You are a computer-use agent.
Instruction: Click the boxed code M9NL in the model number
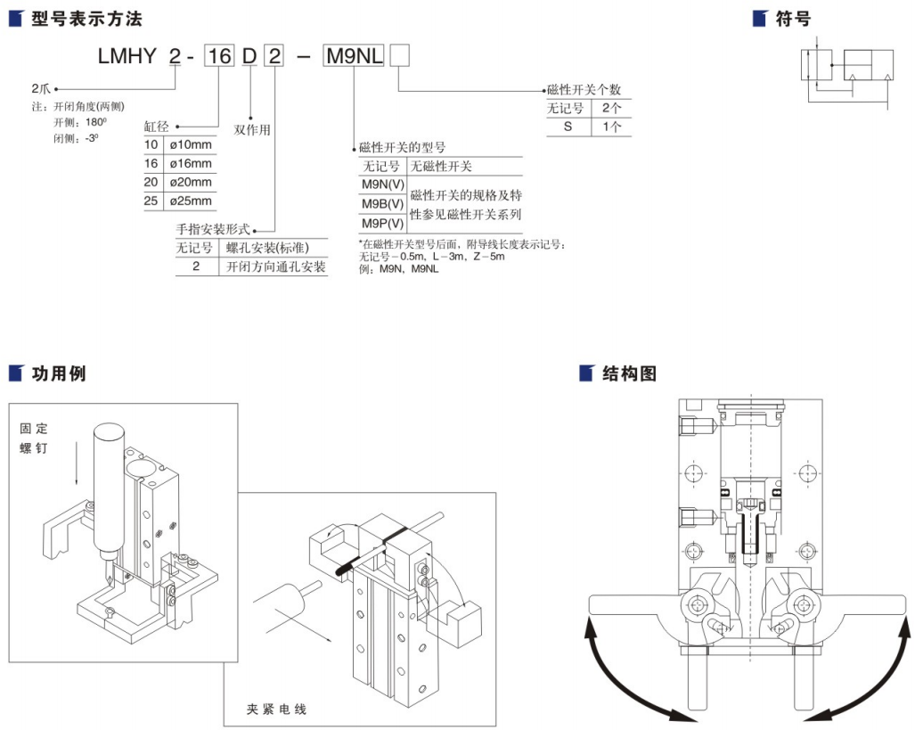(x=354, y=56)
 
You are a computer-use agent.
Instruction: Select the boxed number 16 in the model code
(x=219, y=56)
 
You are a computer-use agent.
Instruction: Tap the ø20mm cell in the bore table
(x=190, y=182)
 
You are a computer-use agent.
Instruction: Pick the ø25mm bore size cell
(x=190, y=201)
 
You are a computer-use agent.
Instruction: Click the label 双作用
(x=252, y=128)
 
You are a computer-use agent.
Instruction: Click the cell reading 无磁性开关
(x=441, y=166)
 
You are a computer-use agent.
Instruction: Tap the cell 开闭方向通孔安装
(x=273, y=267)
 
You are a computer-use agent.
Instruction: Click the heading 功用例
(x=59, y=373)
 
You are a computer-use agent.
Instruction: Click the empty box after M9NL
(x=400, y=56)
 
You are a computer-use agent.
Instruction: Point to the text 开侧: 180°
(x=80, y=122)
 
